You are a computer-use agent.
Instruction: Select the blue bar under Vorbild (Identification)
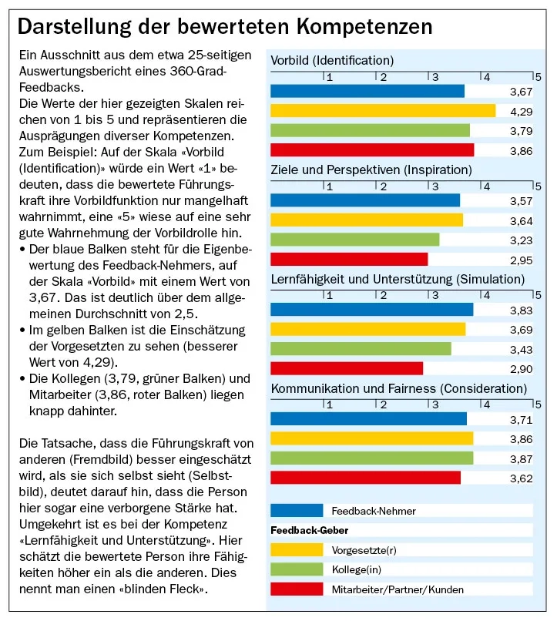click(367, 91)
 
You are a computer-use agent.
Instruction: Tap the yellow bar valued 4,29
click(382, 111)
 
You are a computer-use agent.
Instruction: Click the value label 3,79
click(521, 131)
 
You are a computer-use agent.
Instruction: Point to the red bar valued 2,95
click(348, 260)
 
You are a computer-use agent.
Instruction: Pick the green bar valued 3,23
click(354, 240)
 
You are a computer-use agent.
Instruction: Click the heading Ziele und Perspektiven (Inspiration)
click(371, 170)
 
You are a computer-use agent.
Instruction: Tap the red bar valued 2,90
click(347, 369)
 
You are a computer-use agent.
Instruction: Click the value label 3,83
click(521, 310)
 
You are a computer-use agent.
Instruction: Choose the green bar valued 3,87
click(371, 458)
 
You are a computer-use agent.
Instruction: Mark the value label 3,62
click(521, 478)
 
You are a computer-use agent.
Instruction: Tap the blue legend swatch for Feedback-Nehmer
click(297, 510)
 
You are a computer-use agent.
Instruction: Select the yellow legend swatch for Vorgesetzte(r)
click(297, 549)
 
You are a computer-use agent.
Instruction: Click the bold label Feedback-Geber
click(310, 530)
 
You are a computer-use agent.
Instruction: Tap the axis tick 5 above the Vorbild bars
click(538, 76)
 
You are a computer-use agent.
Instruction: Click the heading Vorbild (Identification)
click(332, 60)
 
